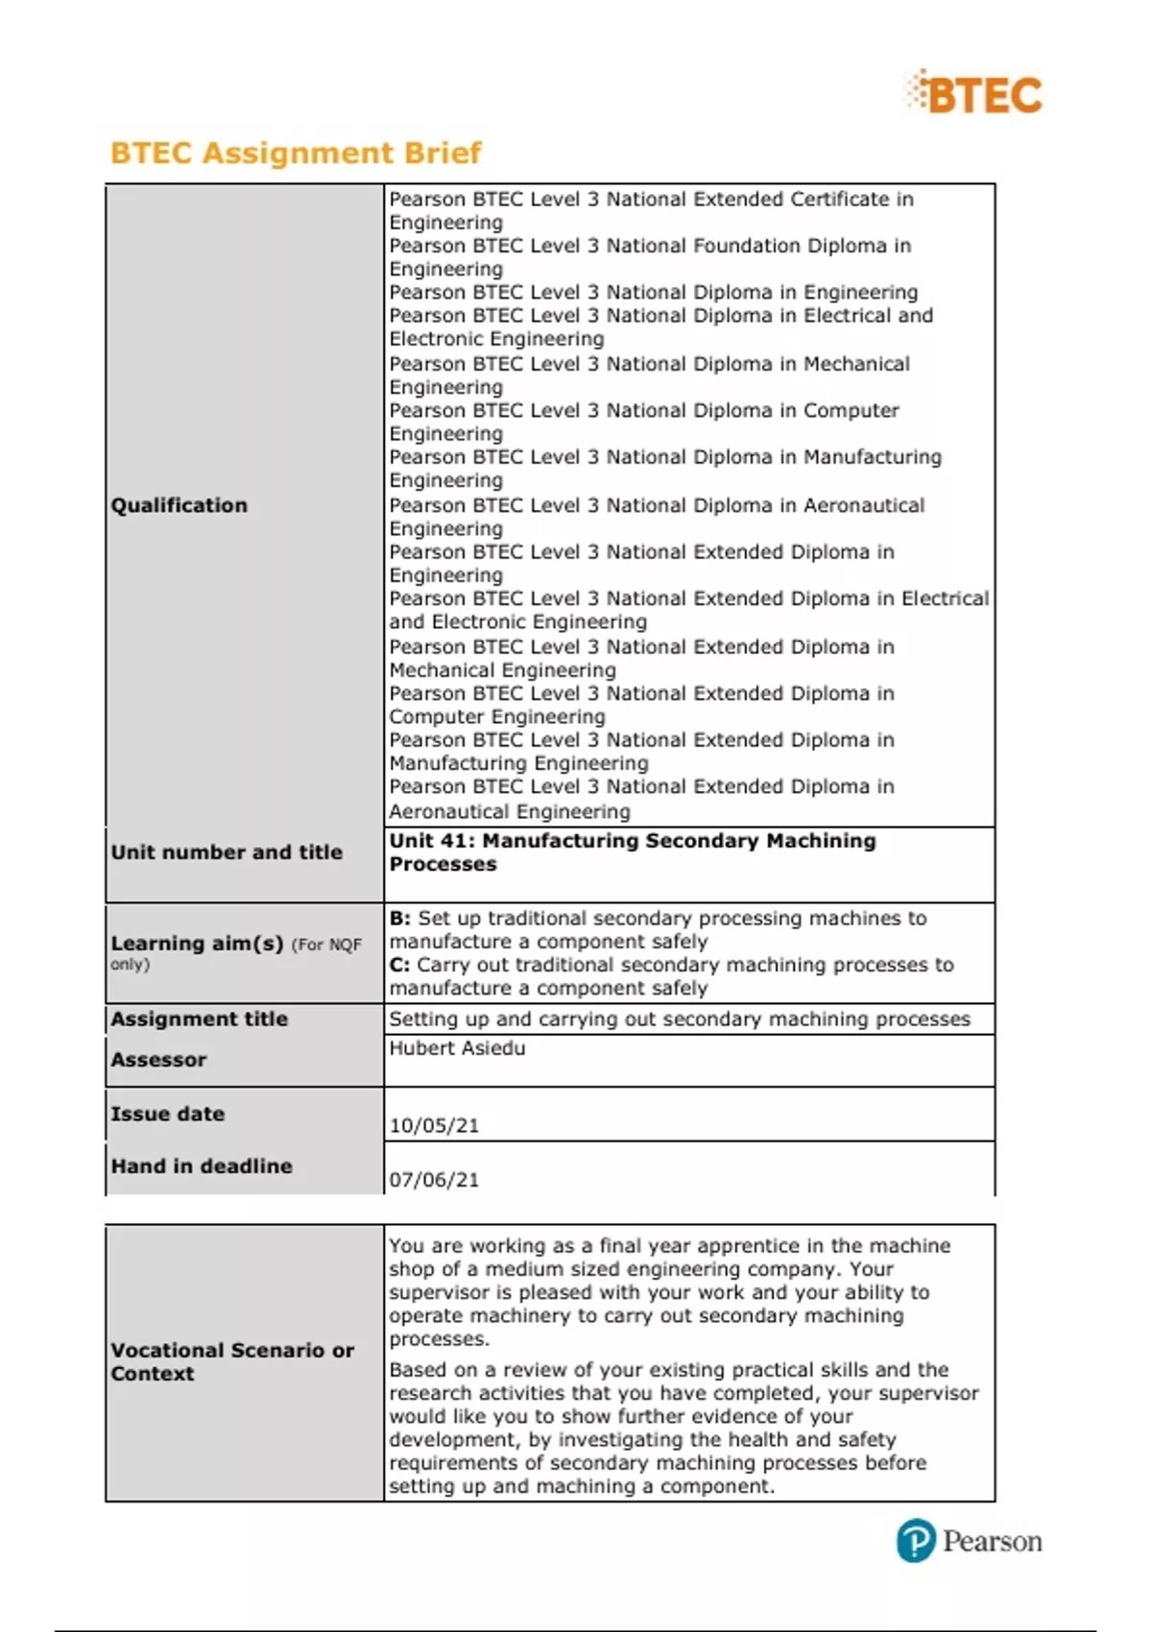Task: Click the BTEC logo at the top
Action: pyautogui.click(x=974, y=94)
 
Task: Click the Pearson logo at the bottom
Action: pyautogui.click(x=969, y=1541)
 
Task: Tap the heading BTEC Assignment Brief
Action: pyautogui.click(x=296, y=153)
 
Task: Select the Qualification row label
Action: pyautogui.click(x=179, y=505)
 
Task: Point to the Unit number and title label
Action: pyautogui.click(x=227, y=852)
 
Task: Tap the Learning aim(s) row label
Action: pyautogui.click(x=197, y=944)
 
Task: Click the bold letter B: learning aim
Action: pyautogui.click(x=399, y=918)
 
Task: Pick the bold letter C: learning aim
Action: pyautogui.click(x=399, y=965)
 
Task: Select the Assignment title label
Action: pyautogui.click(x=199, y=1019)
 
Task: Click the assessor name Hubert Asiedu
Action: pyautogui.click(x=457, y=1047)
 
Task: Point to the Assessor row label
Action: pyautogui.click(x=158, y=1060)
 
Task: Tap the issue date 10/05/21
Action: pyautogui.click(x=434, y=1125)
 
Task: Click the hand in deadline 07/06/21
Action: pyautogui.click(x=434, y=1180)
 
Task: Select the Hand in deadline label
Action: pyautogui.click(x=202, y=1165)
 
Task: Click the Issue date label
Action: pyautogui.click(x=168, y=1114)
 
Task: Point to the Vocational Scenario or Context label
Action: pyautogui.click(x=232, y=1361)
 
